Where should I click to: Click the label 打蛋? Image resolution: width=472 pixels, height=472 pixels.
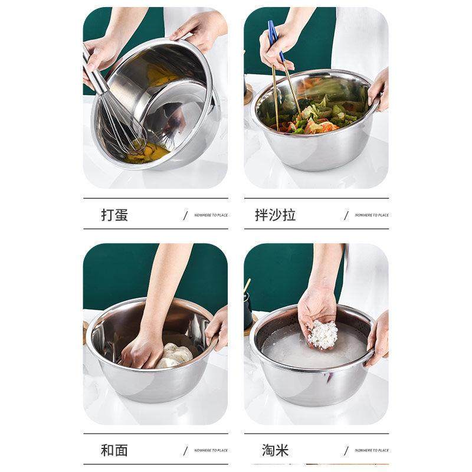(x=114, y=215)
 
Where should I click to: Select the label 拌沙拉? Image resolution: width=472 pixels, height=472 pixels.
(x=275, y=215)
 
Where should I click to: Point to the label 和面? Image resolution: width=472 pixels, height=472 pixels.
(x=114, y=450)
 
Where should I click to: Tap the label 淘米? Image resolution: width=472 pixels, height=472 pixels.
(x=275, y=450)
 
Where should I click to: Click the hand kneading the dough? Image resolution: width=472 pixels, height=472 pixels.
(x=142, y=351)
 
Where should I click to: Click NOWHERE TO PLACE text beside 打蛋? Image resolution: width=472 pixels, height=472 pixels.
(x=211, y=215)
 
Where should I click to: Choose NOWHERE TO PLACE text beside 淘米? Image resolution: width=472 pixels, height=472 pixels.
(x=372, y=451)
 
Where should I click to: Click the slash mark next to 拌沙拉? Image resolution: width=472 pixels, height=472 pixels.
(x=346, y=215)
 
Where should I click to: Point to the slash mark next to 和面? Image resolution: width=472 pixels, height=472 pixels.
(x=185, y=451)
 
